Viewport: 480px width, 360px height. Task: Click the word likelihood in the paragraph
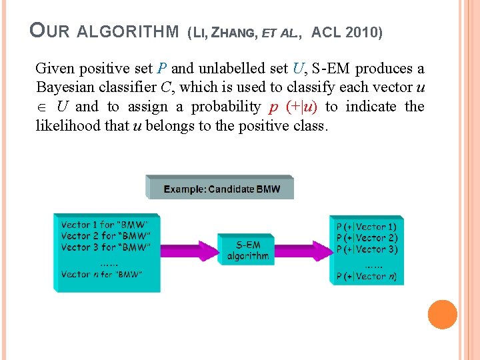[67, 125]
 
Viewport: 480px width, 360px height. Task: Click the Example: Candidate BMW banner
[220, 189]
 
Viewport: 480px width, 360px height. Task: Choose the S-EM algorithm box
[247, 249]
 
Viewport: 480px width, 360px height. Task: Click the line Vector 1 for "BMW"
[104, 225]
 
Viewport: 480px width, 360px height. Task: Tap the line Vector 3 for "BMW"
[105, 247]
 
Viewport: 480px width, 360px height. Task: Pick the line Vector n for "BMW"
[101, 274]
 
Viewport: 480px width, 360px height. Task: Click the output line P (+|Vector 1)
[367, 227]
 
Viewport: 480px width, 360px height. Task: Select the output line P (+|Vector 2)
[367, 238]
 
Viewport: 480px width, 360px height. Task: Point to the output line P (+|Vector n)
[367, 276]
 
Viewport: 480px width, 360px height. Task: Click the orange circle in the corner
[442, 315]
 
